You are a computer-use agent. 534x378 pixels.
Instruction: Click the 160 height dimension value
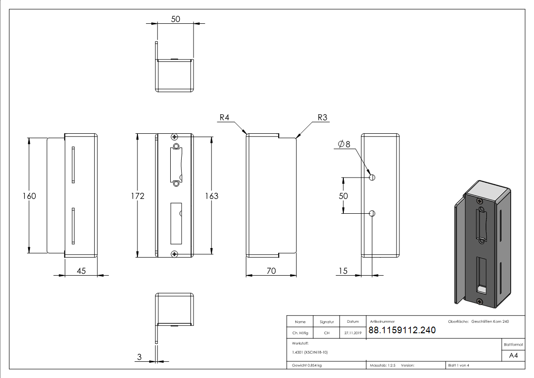[29, 196]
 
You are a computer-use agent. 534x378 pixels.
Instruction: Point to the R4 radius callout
[225, 118]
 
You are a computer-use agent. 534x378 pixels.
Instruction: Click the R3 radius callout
[322, 118]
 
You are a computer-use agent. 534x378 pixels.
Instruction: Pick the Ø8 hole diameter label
[344, 144]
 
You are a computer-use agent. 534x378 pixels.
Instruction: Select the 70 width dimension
[271, 271]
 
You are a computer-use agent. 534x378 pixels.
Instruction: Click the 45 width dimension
[81, 271]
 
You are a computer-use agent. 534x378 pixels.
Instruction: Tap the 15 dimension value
[343, 271]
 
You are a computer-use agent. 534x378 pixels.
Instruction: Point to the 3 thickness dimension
[139, 357]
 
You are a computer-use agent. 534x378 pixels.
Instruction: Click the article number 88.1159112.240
[402, 330]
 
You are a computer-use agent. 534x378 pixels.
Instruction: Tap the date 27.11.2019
[352, 333]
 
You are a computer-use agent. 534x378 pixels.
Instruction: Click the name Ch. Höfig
[300, 333]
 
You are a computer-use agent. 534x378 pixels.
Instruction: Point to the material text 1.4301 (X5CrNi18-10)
[311, 352]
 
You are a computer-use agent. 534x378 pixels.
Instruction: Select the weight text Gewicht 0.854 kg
[307, 366]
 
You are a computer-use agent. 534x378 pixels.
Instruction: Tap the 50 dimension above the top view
[175, 19]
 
